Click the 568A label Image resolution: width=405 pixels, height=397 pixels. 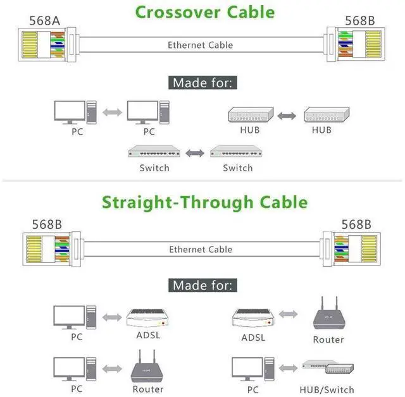[45, 21]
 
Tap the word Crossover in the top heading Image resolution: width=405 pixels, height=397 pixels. [178, 12]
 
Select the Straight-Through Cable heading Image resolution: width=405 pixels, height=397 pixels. [205, 202]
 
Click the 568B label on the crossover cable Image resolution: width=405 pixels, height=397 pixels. [360, 21]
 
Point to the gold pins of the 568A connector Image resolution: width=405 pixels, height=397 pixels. [30, 44]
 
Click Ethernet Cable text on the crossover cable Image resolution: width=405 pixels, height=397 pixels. [200, 45]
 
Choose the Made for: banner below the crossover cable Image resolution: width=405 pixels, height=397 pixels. [202, 83]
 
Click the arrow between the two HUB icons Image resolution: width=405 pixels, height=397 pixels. [287, 116]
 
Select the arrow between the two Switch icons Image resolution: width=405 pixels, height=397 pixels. [195, 153]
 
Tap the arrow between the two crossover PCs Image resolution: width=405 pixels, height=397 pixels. [112, 113]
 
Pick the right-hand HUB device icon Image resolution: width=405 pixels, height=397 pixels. [327, 114]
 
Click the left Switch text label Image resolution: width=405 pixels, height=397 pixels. [154, 168]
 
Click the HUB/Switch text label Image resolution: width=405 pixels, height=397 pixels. [327, 389]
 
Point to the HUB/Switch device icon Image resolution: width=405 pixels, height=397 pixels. [328, 367]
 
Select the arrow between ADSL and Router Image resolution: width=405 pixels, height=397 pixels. [289, 314]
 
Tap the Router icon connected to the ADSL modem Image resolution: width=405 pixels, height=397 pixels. [329, 313]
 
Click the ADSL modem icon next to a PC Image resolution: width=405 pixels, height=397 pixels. [147, 317]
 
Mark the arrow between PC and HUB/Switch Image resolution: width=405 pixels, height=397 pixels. [289, 368]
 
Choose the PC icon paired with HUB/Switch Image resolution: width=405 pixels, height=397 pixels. [253, 369]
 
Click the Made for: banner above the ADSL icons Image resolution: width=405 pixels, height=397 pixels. [202, 285]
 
